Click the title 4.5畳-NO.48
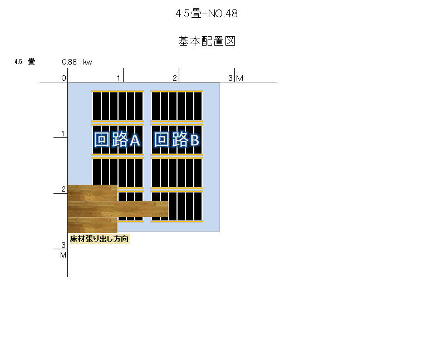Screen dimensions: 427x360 [207, 13]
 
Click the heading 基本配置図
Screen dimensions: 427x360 [207, 41]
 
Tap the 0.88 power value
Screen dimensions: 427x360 [69, 62]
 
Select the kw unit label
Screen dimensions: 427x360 [87, 62]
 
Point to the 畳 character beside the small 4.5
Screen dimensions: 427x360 [31, 62]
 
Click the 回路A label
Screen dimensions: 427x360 [117, 139]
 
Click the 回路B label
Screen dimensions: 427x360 [176, 139]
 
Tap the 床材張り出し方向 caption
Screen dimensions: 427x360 [99, 239]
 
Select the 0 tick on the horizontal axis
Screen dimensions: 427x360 [63, 78]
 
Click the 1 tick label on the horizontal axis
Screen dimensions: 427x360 [119, 78]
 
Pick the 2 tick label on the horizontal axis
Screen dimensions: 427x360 [175, 78]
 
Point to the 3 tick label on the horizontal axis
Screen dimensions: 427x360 [230, 78]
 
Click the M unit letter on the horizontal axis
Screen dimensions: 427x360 [239, 78]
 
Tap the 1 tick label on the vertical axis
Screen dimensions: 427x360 [63, 134]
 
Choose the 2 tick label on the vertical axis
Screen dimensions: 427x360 [63, 189]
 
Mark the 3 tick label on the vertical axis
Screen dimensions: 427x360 [63, 245]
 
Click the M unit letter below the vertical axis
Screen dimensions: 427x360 [63, 255]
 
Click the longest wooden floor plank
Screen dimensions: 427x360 [118, 209]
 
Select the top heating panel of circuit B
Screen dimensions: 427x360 [176, 106]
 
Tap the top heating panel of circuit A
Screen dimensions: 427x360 [117, 106]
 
